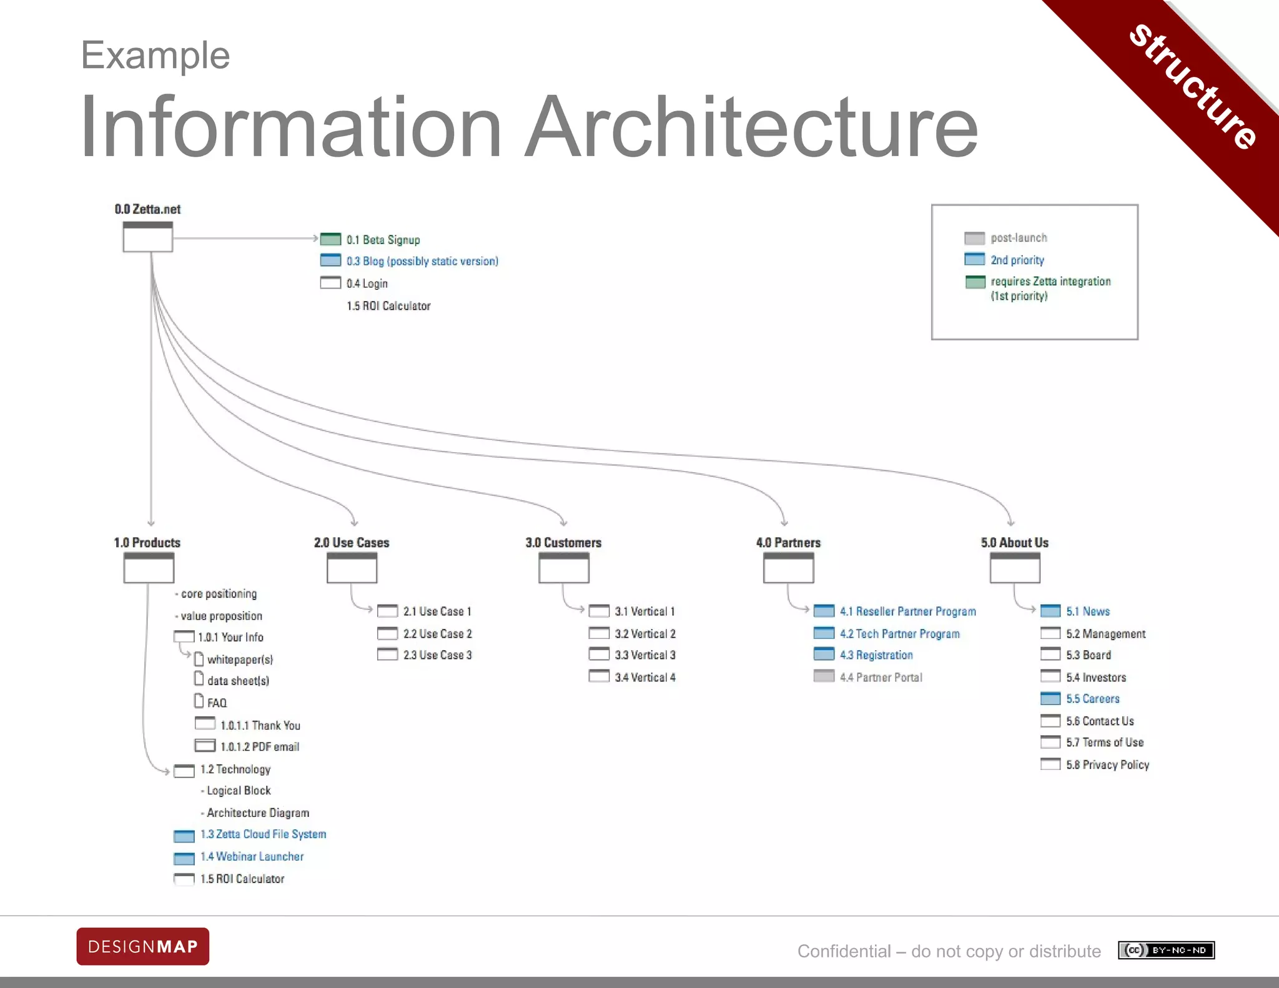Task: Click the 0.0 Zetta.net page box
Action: (147, 237)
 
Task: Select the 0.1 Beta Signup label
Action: (383, 240)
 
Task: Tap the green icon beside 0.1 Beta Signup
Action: (330, 239)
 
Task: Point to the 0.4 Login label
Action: (367, 284)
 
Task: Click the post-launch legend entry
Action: (1019, 238)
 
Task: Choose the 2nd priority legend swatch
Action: (974, 259)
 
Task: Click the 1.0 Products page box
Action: (149, 568)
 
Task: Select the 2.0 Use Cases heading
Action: (352, 543)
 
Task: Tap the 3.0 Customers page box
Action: (563, 568)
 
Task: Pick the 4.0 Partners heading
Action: (788, 543)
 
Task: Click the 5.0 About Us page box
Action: (1015, 568)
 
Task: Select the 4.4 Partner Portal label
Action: (881, 677)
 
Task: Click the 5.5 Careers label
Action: (1092, 699)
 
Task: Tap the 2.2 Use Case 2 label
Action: (437, 634)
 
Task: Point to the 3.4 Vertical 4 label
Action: (644, 677)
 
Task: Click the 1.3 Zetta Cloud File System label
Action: (263, 834)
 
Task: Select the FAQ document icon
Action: (199, 701)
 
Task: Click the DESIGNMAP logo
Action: (143, 946)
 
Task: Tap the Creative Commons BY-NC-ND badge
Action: (1166, 950)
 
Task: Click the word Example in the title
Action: (156, 55)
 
